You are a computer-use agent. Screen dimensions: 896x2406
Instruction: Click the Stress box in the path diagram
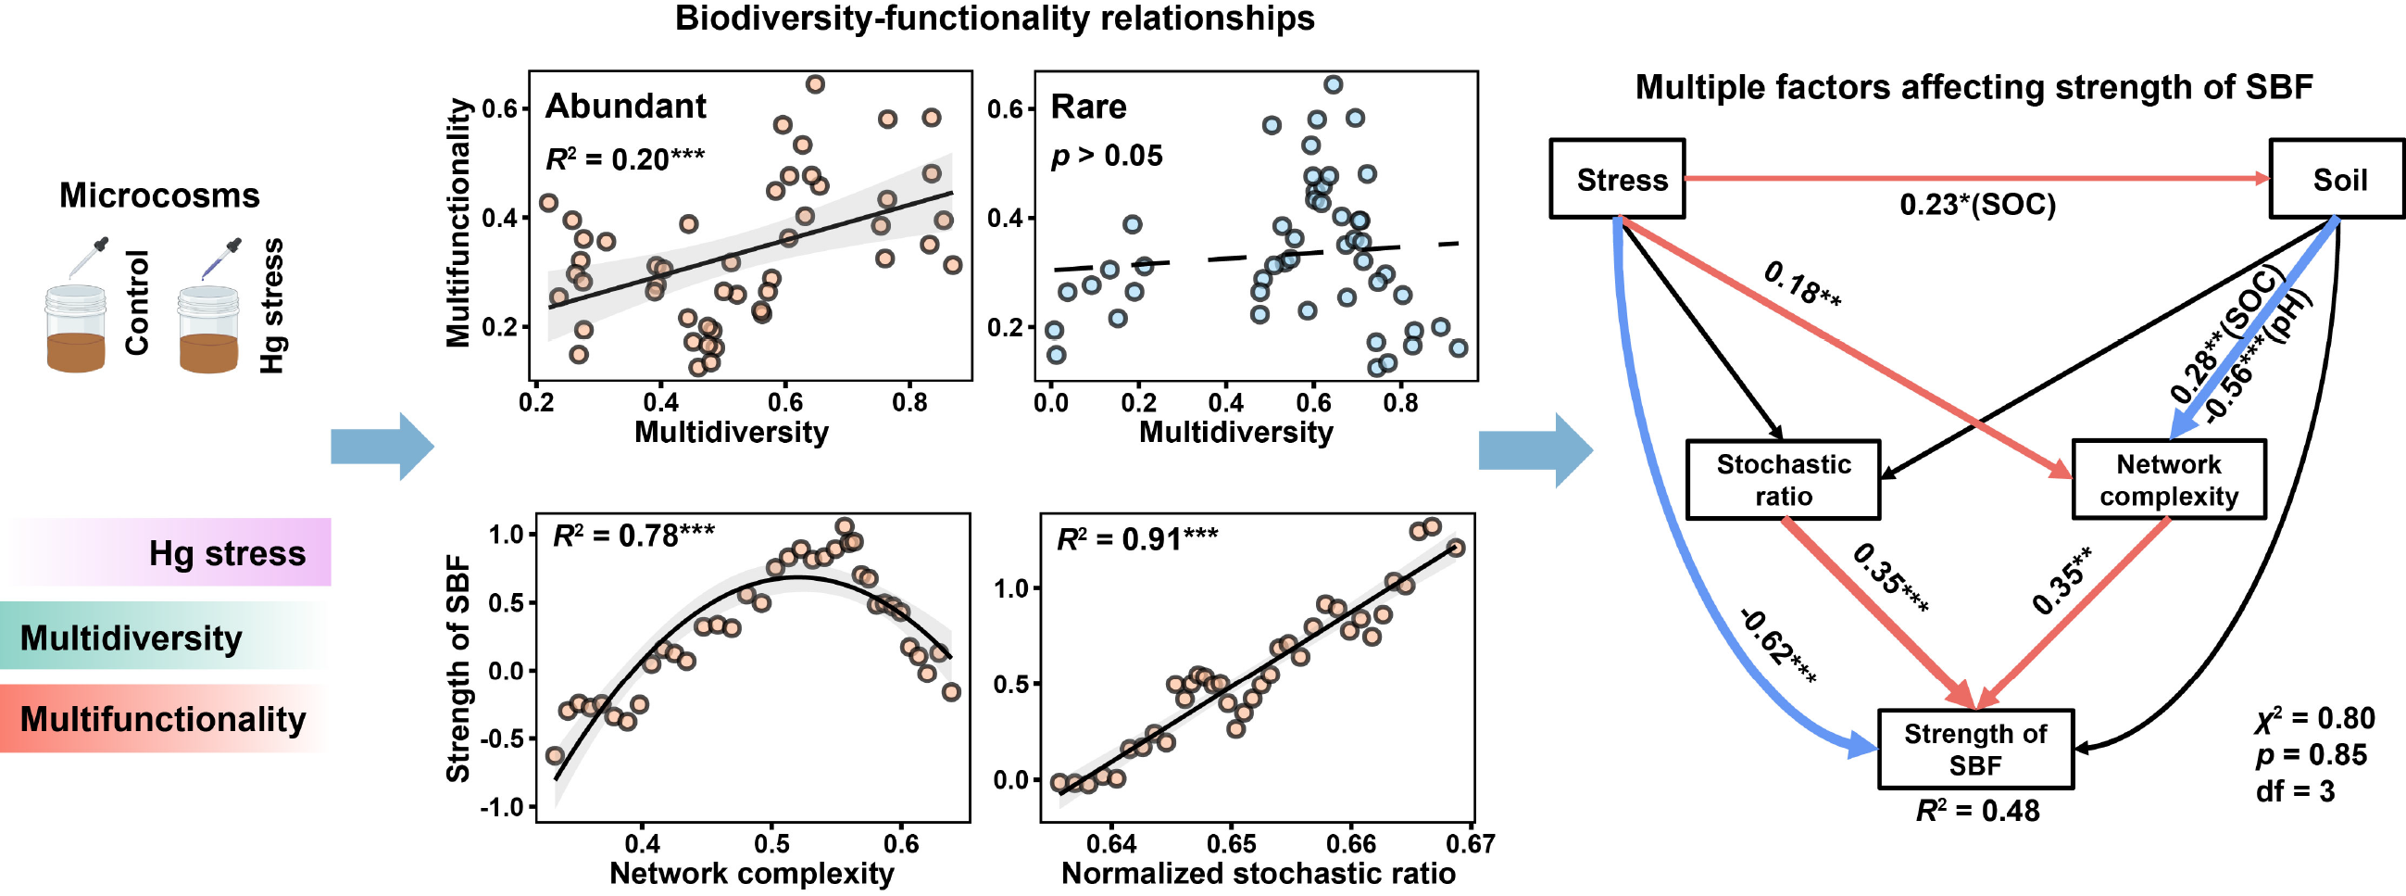1617,180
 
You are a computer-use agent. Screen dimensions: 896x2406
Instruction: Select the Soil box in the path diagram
2337,180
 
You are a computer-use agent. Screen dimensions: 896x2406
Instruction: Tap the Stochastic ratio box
1783,479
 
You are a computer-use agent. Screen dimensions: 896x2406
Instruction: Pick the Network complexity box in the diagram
2169,479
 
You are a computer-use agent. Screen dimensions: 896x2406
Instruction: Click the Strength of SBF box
1975,750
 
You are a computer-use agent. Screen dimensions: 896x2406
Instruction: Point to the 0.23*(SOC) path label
1977,205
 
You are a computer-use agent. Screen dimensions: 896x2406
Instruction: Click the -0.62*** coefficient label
1778,646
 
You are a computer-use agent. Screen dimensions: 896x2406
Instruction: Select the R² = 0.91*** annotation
1136,539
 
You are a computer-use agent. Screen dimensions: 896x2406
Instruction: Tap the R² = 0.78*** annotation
633,536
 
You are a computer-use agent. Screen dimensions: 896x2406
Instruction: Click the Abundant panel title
626,107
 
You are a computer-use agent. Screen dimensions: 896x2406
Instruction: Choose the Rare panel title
1088,107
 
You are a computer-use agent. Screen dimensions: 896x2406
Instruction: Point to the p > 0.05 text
1107,155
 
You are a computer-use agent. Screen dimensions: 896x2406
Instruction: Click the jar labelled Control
76,329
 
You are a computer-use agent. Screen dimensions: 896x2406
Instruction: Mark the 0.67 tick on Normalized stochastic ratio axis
1470,844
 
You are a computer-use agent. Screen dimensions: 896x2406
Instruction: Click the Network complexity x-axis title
752,874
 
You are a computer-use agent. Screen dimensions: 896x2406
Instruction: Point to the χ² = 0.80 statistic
2313,717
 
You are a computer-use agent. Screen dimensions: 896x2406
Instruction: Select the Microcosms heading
159,196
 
